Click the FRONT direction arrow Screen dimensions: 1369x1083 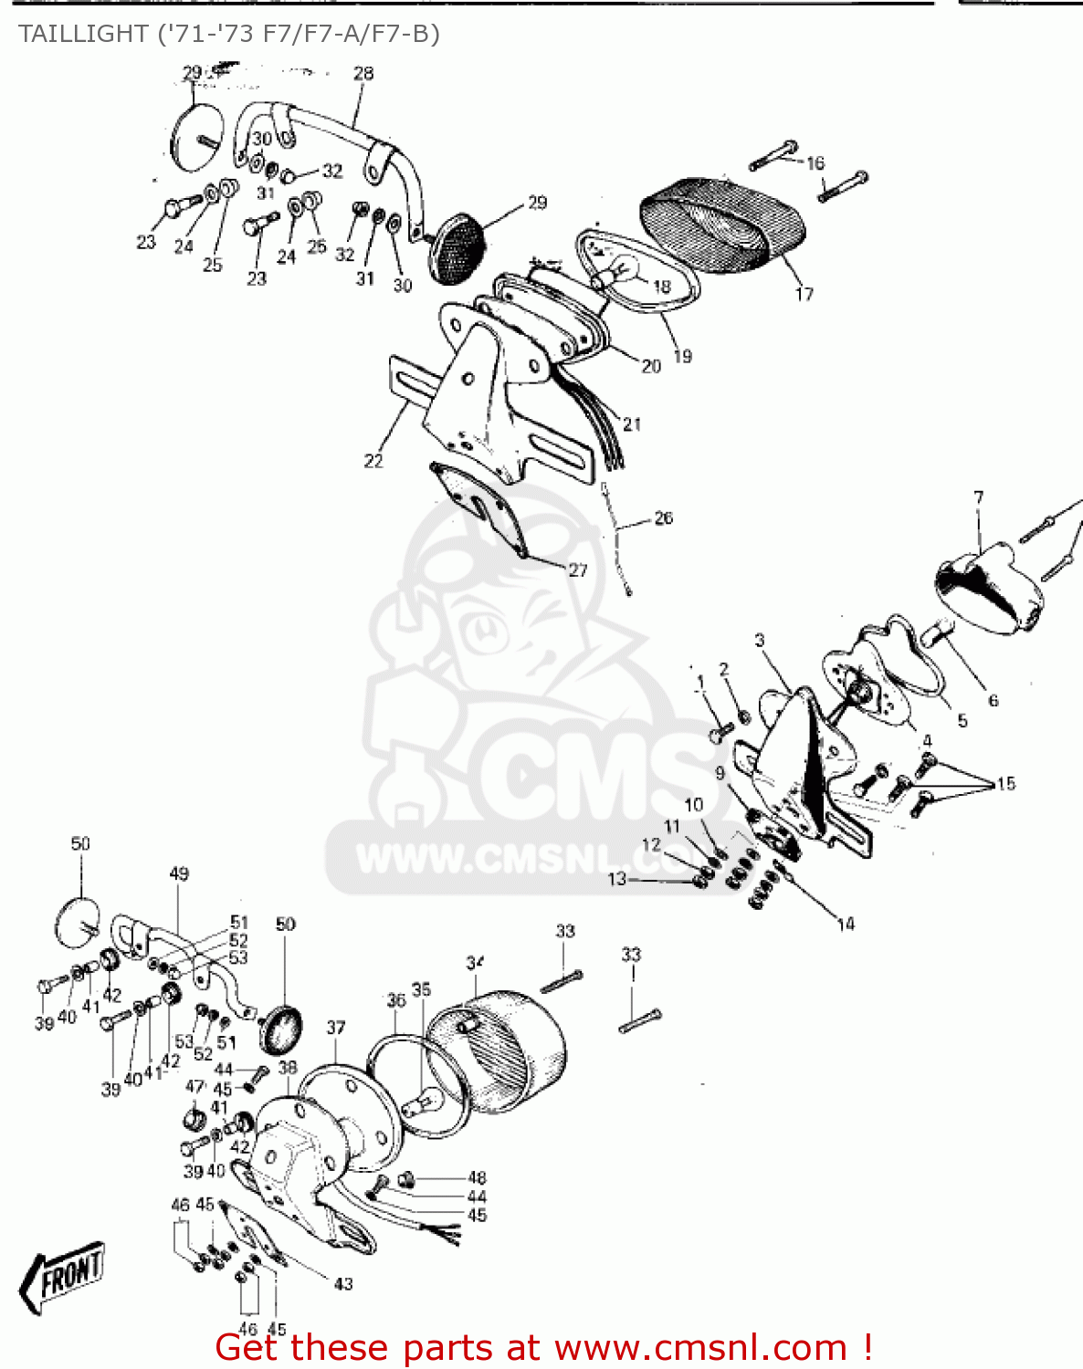[62, 1275]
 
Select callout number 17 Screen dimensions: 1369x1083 [804, 294]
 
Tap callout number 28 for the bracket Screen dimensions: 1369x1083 [363, 73]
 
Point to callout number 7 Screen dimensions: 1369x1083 [979, 497]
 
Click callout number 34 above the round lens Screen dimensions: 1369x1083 [475, 963]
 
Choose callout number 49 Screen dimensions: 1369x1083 [179, 873]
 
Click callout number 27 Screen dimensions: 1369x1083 [578, 570]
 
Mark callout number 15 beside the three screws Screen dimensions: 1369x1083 [1005, 783]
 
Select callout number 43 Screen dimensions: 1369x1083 [343, 1284]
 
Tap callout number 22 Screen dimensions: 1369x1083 [373, 461]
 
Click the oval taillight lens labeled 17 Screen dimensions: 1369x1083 [721, 224]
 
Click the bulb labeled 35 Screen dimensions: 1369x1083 [429, 1100]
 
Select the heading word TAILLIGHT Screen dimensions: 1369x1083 [77, 34]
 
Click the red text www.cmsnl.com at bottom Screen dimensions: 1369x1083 [701, 1347]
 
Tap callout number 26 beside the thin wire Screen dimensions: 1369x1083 [664, 518]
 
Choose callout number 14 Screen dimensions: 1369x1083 [846, 925]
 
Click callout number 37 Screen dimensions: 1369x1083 [336, 1028]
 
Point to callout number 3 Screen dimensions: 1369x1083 [760, 641]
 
